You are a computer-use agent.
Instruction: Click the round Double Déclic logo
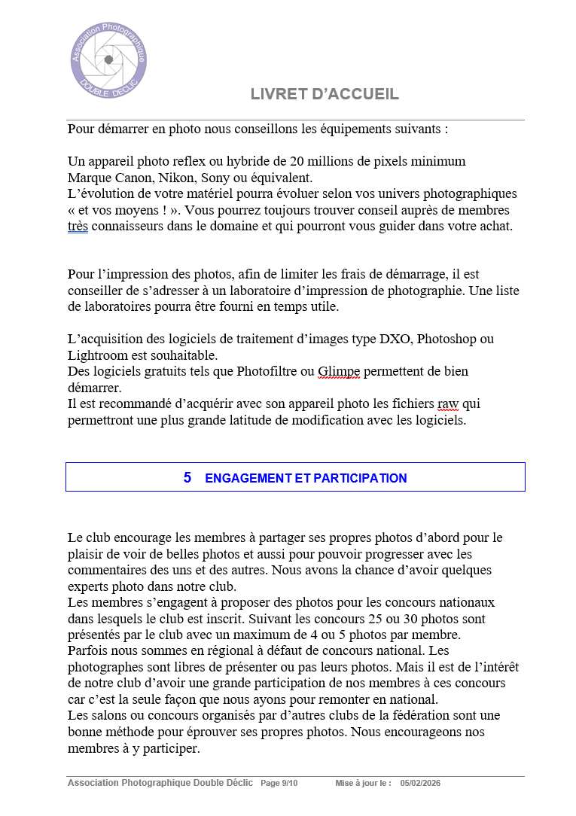click(x=108, y=59)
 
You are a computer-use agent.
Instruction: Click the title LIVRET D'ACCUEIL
click(x=325, y=94)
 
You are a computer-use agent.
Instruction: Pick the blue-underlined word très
click(x=78, y=226)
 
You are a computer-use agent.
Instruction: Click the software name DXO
click(x=392, y=339)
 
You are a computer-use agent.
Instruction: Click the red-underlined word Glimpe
click(x=339, y=371)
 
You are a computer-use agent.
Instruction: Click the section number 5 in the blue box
click(x=187, y=477)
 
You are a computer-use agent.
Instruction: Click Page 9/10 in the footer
click(x=279, y=784)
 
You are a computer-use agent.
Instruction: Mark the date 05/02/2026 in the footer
click(x=420, y=784)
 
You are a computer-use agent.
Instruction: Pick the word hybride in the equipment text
click(x=249, y=161)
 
